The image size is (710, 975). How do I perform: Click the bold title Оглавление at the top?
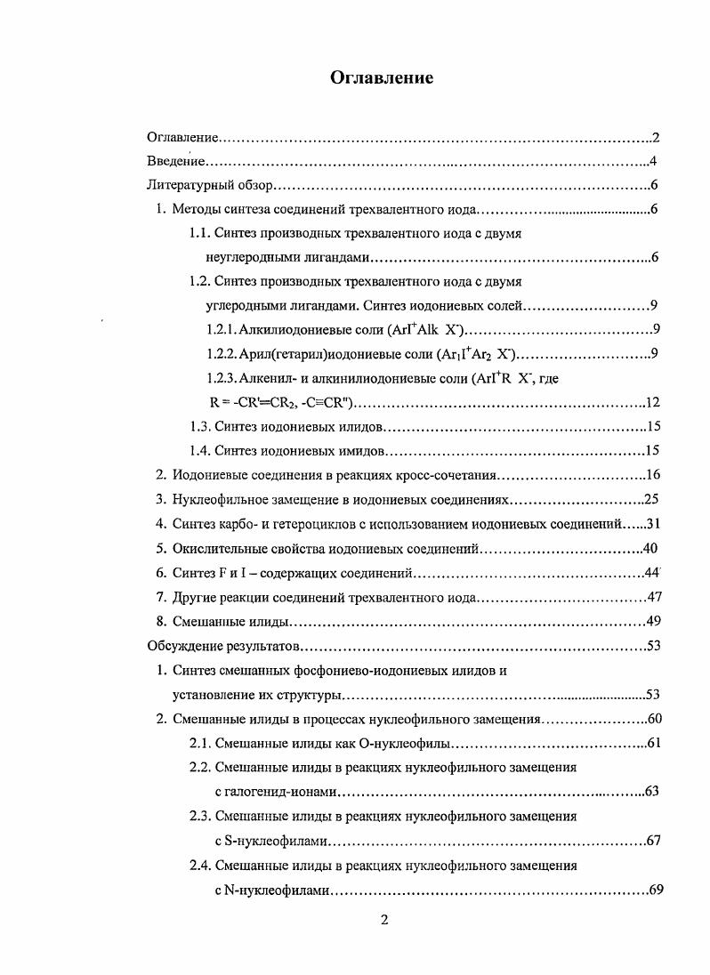[382, 78]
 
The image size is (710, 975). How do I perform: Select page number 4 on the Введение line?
[652, 162]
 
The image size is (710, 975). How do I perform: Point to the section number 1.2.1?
[221, 330]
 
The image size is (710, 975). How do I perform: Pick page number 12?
[651, 402]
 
